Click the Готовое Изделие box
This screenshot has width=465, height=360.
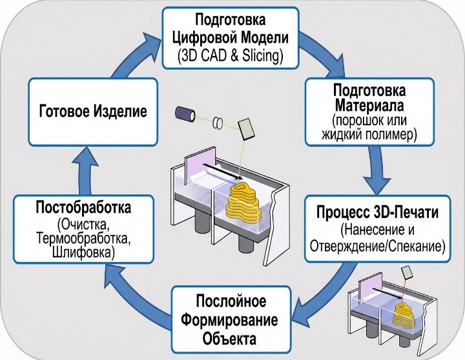pos(93,112)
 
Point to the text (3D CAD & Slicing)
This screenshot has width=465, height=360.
pos(231,56)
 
